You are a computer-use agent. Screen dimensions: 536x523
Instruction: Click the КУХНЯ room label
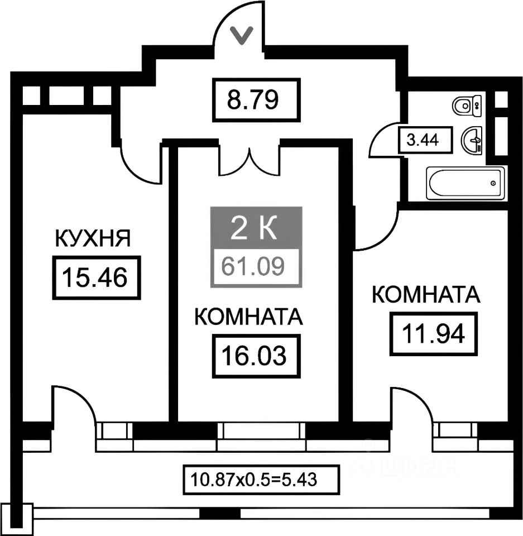92,238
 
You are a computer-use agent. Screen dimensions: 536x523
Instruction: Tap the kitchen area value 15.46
96,276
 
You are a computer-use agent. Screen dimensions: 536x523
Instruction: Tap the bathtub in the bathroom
465,183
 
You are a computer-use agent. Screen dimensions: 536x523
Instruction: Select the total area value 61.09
255,266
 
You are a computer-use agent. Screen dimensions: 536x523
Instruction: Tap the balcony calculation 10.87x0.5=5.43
254,479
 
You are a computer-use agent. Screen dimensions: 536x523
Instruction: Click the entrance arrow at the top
241,36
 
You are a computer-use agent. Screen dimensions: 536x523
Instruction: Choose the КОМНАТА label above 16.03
248,317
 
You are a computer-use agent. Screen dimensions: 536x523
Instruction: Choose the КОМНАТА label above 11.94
426,295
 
